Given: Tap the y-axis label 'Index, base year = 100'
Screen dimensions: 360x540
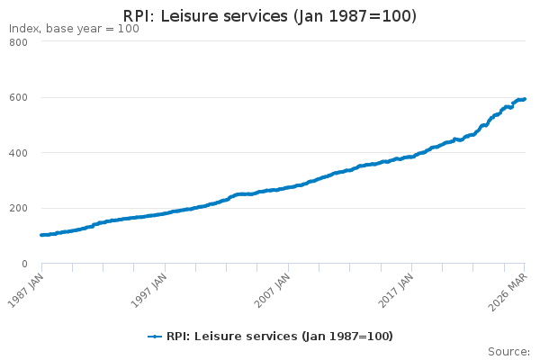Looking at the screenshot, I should click(x=74, y=29).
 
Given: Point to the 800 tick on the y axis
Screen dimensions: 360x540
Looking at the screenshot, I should click(x=19, y=42).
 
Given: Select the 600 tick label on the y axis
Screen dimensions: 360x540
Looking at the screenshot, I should click(x=19, y=97).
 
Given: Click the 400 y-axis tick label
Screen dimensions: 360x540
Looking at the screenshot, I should click(x=19, y=153).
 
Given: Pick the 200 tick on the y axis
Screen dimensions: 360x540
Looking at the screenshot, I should click(x=19, y=208).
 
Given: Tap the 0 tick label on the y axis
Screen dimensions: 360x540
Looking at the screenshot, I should click(x=24, y=264).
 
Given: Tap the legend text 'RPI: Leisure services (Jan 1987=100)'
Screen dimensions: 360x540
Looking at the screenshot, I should click(x=280, y=336).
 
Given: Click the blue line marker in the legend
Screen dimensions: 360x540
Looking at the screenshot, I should click(x=155, y=336).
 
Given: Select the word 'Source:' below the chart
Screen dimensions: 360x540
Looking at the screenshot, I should click(x=508, y=351).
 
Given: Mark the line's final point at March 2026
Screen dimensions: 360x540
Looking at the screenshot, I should click(x=525, y=99).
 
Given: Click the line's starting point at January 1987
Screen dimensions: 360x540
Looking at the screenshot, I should click(x=41, y=235).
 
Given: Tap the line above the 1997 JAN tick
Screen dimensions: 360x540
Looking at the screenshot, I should click(x=166, y=213).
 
